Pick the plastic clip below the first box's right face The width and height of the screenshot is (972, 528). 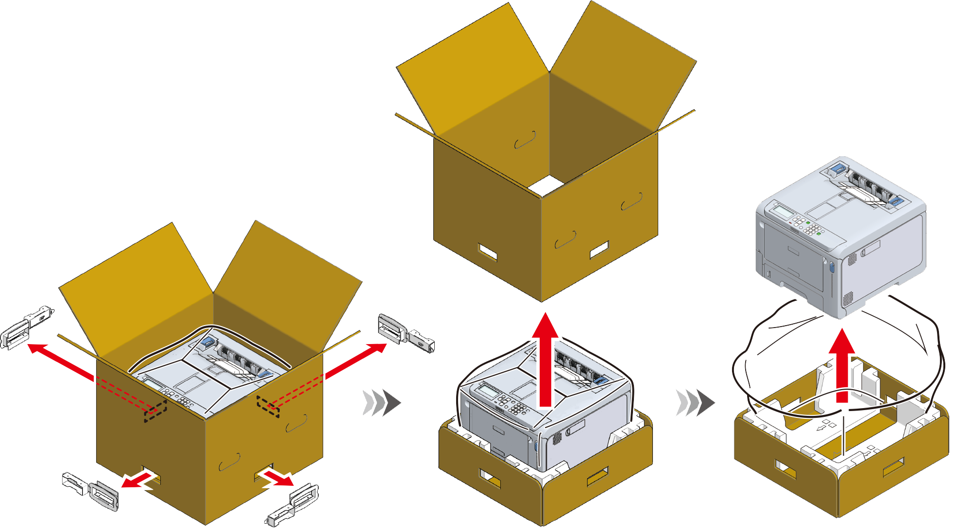coord(293,505)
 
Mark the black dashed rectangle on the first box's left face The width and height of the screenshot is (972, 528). coord(155,411)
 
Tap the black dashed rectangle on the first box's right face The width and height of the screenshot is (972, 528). coord(268,406)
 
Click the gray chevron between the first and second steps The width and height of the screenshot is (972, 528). coord(382,402)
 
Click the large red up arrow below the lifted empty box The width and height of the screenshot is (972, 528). coord(546,359)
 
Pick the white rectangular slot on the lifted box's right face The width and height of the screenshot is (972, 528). coord(599,250)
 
